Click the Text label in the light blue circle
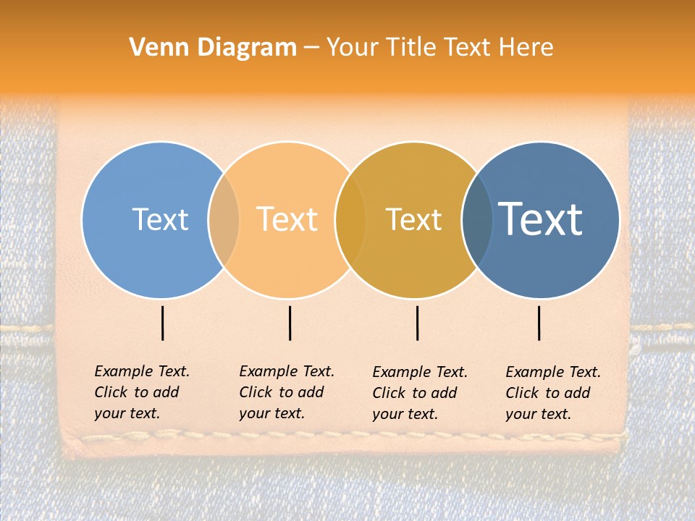pyautogui.click(x=160, y=219)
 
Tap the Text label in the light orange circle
pyautogui.click(x=287, y=219)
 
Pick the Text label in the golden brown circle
pyautogui.click(x=414, y=219)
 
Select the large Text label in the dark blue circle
pyautogui.click(x=541, y=219)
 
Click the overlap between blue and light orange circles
pyautogui.click(x=224, y=219)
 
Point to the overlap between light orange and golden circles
pyautogui.click(x=351, y=219)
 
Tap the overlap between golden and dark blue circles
pyautogui.click(x=478, y=219)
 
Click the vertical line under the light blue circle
pyautogui.click(x=162, y=323)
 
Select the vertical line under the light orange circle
pyautogui.click(x=290, y=323)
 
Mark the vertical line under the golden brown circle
pyautogui.click(x=417, y=323)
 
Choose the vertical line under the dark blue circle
pyautogui.click(x=539, y=323)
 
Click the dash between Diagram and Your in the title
pyautogui.click(x=311, y=48)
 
